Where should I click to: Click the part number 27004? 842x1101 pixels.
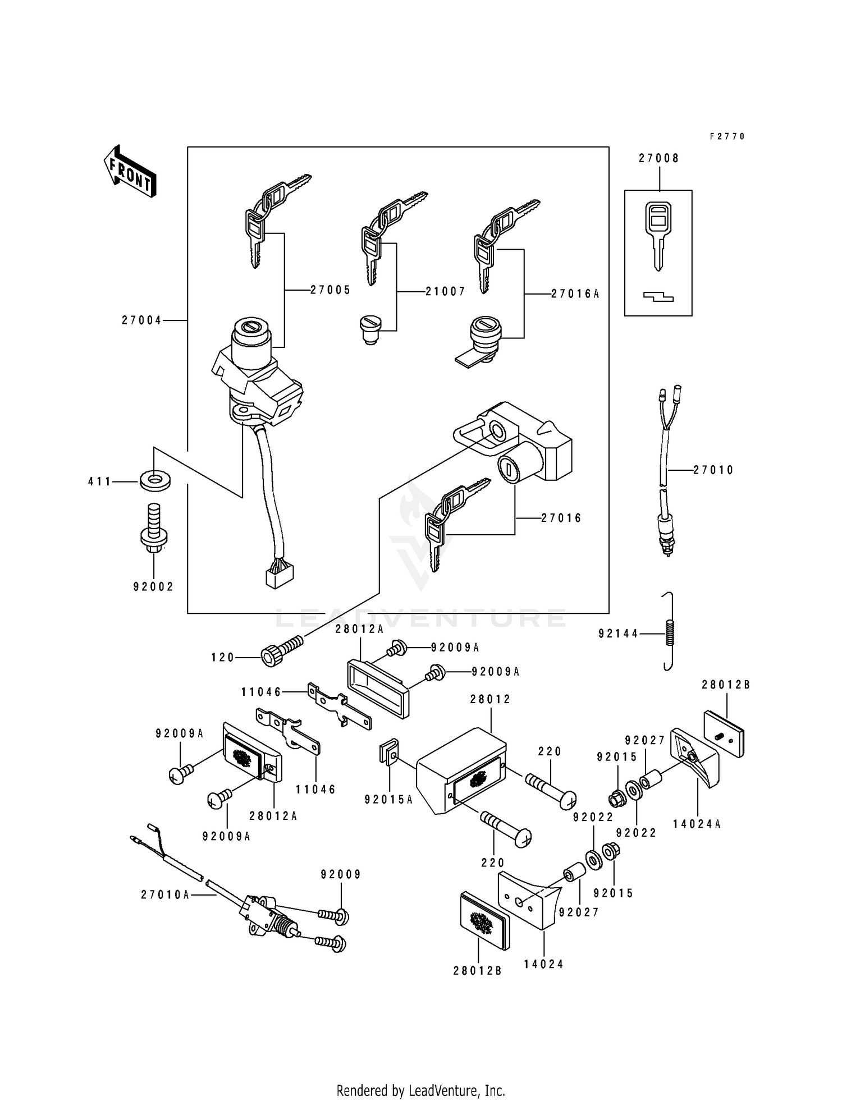point(141,320)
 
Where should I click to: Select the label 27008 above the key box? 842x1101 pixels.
point(659,159)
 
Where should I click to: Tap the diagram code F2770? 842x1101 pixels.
point(727,136)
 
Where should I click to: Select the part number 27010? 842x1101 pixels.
point(713,470)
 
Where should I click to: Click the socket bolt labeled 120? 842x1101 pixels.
point(281,652)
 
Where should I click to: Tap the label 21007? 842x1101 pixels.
point(445,292)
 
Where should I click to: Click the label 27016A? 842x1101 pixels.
point(575,293)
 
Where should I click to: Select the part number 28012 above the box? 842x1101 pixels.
point(491,699)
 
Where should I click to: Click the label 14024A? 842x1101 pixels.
point(697,824)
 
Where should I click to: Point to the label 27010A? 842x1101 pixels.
point(166,895)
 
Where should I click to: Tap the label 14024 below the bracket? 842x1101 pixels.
point(543,964)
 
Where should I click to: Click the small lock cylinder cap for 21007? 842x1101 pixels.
point(369,329)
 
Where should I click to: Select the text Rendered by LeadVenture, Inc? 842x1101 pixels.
point(420,1091)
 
